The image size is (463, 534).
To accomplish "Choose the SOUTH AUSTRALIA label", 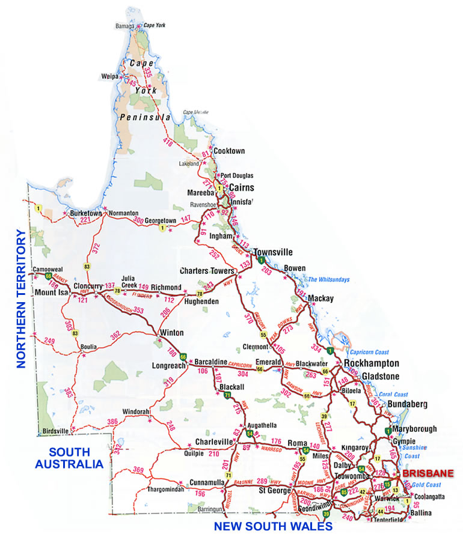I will coord(69,458).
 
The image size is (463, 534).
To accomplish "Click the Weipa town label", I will coord(109,76).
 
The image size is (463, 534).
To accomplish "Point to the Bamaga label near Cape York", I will coord(125,26).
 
